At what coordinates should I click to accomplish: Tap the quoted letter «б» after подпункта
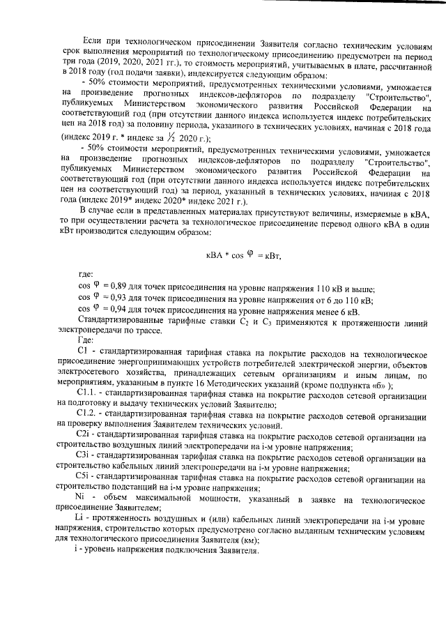379,385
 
